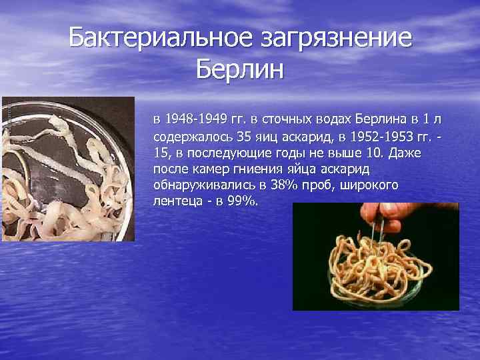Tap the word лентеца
(x=176, y=201)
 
